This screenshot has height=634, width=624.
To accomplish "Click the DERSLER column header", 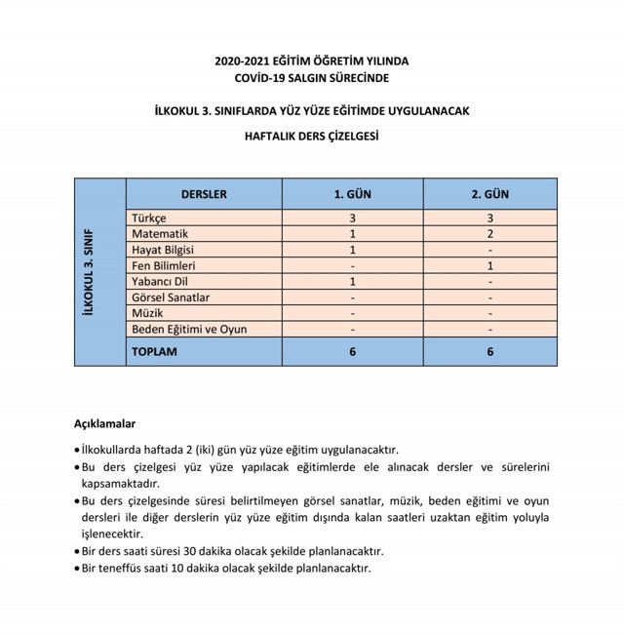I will point(204,194).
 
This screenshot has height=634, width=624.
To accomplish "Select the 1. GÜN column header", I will point(352,194).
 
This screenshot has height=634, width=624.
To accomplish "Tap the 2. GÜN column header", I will point(490,194).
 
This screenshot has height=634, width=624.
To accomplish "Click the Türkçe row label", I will point(149,218).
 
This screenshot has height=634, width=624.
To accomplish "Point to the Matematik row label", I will point(160,234).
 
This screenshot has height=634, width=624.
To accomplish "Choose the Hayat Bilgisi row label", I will point(163,250).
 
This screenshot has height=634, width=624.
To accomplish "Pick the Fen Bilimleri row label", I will point(164,265).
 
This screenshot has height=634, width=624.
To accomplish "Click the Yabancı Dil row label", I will point(159,282).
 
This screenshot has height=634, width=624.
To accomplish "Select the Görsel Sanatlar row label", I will point(171,297).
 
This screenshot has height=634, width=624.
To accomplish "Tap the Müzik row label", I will point(147,313).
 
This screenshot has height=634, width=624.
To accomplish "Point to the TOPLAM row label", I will point(155,351).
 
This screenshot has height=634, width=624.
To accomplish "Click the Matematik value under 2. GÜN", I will point(490,234).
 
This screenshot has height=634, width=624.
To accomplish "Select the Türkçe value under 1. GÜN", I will point(352,218).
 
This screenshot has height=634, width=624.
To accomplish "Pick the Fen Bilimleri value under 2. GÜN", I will point(490,265).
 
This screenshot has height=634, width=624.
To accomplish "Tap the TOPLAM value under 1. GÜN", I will point(352,351).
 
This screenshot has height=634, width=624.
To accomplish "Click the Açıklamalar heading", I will point(104,424).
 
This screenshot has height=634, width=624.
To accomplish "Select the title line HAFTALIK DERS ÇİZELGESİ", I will point(311,137).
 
